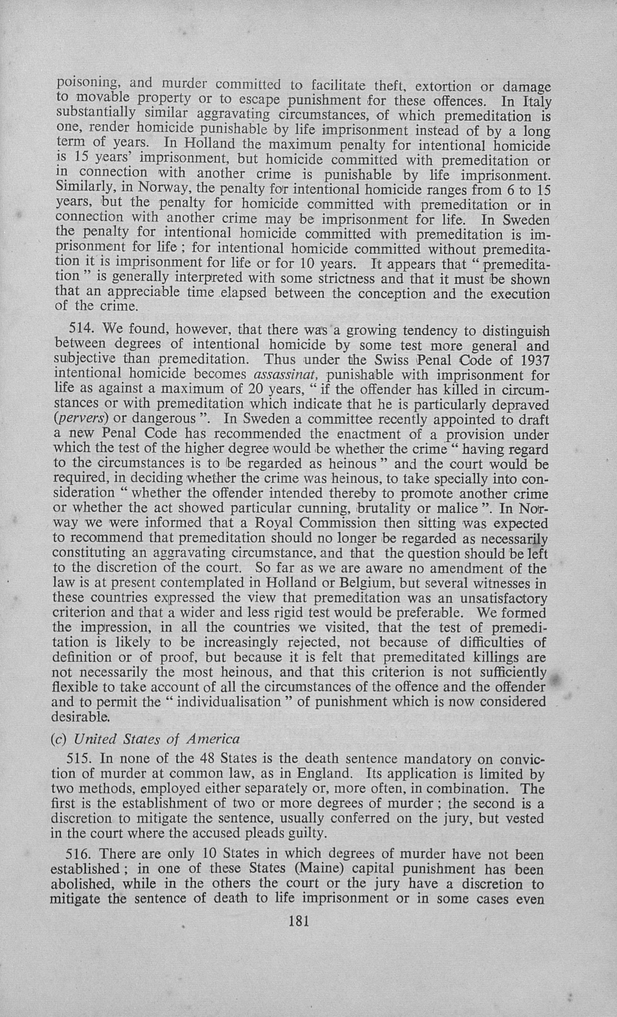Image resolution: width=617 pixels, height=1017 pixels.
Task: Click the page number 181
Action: click(300, 921)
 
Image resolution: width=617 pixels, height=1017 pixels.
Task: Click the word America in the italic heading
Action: click(213, 739)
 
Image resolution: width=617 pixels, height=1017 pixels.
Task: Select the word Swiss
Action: click(392, 360)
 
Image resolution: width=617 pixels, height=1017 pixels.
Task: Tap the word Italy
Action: click(537, 102)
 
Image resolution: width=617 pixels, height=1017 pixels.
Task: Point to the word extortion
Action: click(443, 87)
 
